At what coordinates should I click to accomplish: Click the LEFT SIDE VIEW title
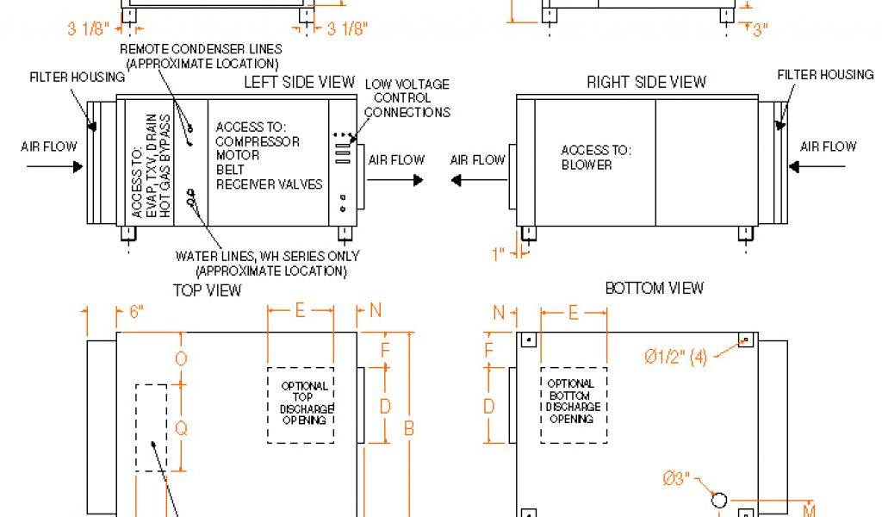coord(299,82)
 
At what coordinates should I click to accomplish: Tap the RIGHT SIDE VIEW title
coord(646,83)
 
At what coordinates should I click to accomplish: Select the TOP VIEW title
coord(208,290)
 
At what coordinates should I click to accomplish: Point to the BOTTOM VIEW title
coord(655,288)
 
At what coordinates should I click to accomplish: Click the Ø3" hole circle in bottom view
coord(719,499)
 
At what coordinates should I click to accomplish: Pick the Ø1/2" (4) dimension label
coord(675,357)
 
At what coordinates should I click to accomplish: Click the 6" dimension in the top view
coord(135,313)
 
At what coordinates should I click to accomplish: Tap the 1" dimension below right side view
coord(498,254)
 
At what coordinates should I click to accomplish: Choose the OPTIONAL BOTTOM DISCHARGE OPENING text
coord(570,401)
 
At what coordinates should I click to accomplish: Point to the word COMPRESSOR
coord(257,141)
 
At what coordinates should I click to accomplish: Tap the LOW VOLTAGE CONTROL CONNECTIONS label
coord(407,97)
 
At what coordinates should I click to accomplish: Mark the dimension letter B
coord(410,428)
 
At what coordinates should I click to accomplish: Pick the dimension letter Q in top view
coord(181,427)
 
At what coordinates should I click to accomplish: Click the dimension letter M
coord(809,510)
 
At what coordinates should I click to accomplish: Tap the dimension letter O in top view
coord(181,358)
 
